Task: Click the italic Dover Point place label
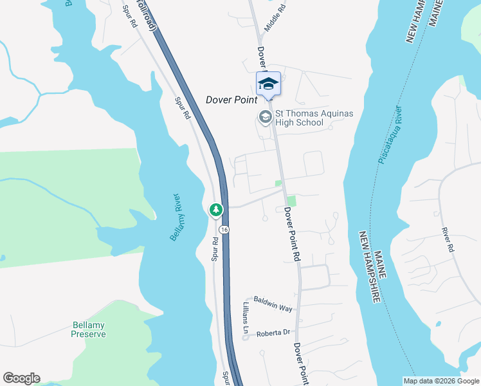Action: (231, 100)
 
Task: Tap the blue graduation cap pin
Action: (268, 84)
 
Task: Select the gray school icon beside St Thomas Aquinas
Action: (264, 117)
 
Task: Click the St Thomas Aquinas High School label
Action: (314, 118)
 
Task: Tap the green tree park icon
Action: (216, 210)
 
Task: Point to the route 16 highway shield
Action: (223, 230)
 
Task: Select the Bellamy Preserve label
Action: (89, 329)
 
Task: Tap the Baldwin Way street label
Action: (273, 304)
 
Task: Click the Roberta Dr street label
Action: (274, 333)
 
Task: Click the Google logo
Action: (21, 378)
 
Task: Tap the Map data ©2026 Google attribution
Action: (440, 381)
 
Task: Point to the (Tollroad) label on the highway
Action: (150, 17)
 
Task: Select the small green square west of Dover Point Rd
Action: (278, 183)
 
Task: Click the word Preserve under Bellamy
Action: (89, 334)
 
